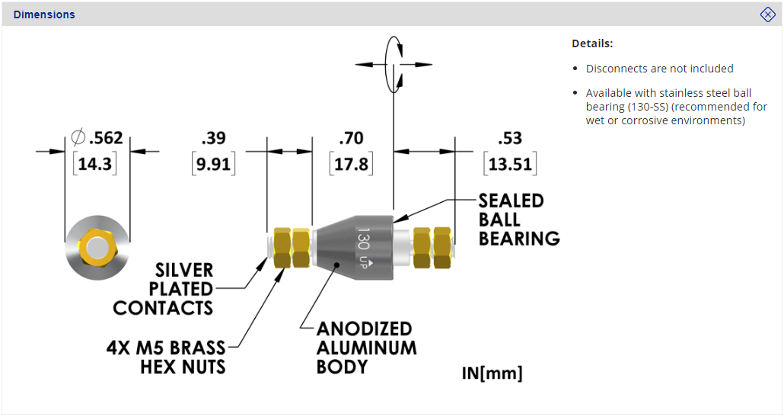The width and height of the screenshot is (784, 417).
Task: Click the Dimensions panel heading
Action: [x=44, y=14]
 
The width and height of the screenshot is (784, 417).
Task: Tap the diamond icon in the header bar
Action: [x=767, y=14]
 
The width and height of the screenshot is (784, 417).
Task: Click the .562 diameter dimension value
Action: [x=105, y=139]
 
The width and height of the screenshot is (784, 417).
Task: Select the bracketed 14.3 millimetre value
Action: [x=94, y=164]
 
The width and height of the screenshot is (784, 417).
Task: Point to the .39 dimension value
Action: [x=213, y=139]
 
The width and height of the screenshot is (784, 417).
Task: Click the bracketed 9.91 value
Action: [x=213, y=164]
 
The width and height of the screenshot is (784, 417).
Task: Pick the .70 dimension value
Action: [x=351, y=139]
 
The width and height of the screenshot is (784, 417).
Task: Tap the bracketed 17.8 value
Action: [x=351, y=164]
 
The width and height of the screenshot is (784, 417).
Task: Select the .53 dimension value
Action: [x=510, y=139]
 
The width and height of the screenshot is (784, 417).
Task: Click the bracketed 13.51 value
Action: [x=510, y=164]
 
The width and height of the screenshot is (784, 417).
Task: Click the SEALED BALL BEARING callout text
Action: [x=518, y=220]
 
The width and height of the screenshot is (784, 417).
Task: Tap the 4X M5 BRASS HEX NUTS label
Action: [x=167, y=358]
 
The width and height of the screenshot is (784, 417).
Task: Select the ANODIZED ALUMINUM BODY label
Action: [x=366, y=348]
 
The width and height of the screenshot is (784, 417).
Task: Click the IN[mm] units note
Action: [x=492, y=374]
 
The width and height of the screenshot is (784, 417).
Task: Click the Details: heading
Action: [x=592, y=43]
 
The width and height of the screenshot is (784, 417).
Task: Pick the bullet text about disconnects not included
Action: [x=659, y=69]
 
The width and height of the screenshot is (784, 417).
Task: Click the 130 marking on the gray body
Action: [x=363, y=240]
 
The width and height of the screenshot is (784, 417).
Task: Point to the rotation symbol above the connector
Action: [x=394, y=63]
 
